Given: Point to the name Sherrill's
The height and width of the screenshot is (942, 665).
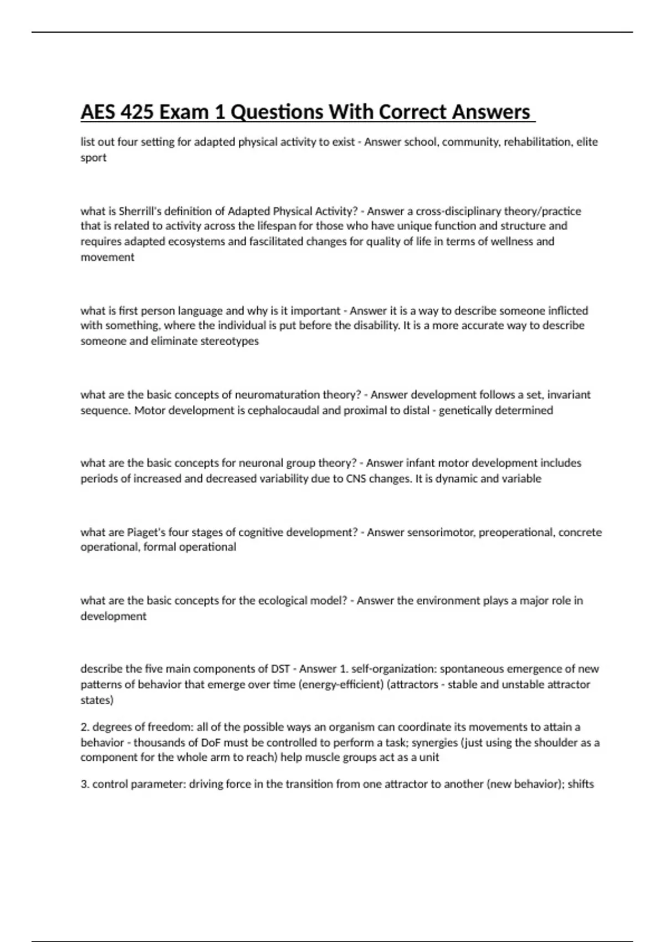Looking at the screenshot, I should pos(138,211).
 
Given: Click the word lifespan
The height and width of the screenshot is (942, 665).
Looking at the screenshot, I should pos(294,226).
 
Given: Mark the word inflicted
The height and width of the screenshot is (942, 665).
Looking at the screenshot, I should pos(568,311).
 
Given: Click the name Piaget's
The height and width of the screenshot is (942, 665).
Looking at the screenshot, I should pos(146,533).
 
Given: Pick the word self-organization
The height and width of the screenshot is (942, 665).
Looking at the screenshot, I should pos(394,669).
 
